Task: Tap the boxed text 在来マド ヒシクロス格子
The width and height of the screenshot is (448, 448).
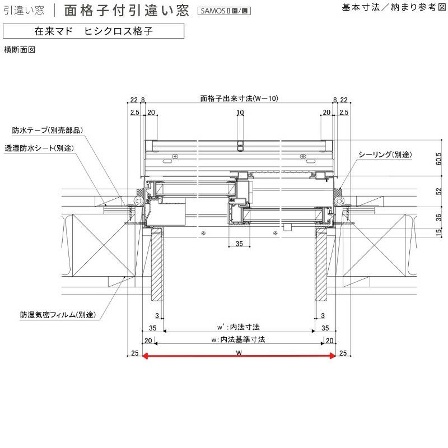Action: pos(93,31)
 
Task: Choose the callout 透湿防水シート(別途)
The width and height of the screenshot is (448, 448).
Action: pos(39,148)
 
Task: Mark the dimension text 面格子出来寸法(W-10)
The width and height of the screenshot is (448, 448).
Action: pos(239,99)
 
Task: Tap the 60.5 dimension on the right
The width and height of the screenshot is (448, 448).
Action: pos(438,161)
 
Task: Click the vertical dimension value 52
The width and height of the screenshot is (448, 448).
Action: pos(438,191)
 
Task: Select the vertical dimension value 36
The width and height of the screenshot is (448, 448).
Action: pos(438,217)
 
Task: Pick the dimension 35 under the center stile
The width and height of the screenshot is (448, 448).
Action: pos(239,244)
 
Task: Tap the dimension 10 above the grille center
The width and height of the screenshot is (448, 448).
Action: pos(240,113)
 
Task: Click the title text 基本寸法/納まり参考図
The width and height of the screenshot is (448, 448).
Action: pos(392,8)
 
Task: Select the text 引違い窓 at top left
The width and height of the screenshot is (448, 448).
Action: pos(24,10)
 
